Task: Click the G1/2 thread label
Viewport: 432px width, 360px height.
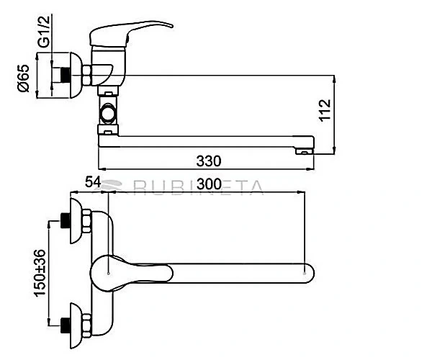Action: pos(44,32)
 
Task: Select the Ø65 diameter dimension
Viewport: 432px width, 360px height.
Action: pos(23,78)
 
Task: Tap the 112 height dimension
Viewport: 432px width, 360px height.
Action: pos(325,110)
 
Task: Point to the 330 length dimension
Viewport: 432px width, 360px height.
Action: pos(209,161)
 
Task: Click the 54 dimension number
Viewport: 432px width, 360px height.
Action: pos(93,182)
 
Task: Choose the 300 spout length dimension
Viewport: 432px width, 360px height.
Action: pos(209,184)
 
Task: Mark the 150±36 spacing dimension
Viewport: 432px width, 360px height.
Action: pos(40,273)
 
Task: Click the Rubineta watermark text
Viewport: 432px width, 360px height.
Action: pos(198,187)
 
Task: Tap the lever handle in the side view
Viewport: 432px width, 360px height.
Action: pos(131,33)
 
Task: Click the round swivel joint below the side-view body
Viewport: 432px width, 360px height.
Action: pos(108,113)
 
